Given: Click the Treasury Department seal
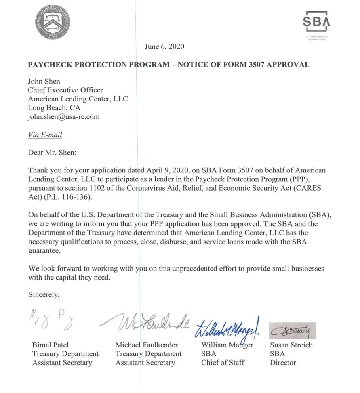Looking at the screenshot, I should pos(53,22).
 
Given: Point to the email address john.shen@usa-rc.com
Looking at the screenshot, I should pos(63,117).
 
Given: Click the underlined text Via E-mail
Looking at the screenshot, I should pos(45,135).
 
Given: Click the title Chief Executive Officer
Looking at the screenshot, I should pos(65,90).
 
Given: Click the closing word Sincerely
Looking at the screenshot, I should pos(44,294).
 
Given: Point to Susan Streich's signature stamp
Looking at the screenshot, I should pos(292,330).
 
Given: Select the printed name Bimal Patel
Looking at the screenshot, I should pos(51,345).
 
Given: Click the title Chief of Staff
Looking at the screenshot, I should pos(223,362).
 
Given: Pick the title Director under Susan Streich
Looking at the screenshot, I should pos(283,362).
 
